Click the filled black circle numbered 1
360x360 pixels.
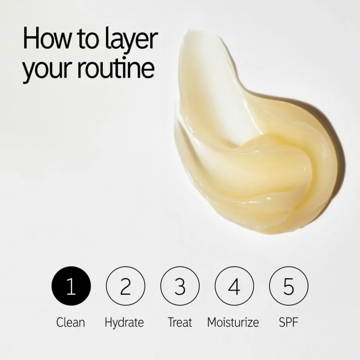point(71,286)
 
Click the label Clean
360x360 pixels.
point(71,322)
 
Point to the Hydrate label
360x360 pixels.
point(124,323)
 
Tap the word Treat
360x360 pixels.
point(180,322)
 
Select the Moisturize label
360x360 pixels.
point(233,322)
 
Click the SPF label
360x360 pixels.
point(288,322)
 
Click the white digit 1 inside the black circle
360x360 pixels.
point(71,286)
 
